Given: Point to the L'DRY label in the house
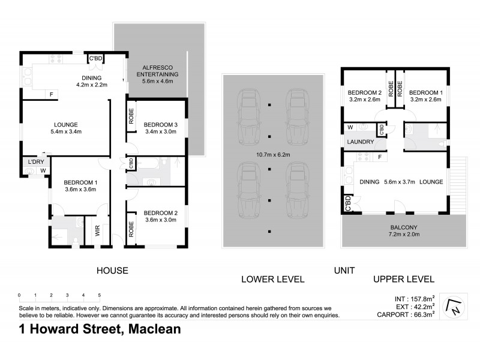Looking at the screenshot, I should coord(32,162).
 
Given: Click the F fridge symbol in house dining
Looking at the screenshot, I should coord(52,94).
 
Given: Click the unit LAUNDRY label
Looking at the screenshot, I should coord(360,142).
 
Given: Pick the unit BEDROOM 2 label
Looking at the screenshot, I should coord(364,92).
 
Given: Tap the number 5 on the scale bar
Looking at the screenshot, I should coord(99,295).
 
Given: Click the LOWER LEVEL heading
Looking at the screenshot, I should coord(272,279).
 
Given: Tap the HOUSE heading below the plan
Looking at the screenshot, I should coord(112,271).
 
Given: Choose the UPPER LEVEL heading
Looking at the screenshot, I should coord(403,279).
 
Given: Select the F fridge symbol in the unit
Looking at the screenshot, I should coord(380,157).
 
